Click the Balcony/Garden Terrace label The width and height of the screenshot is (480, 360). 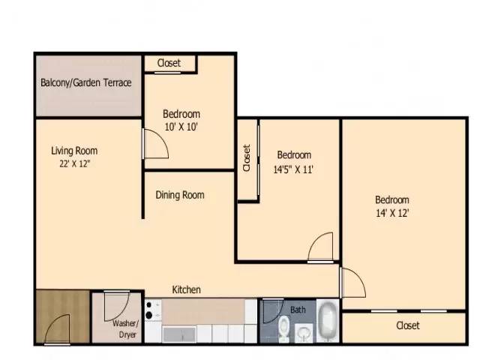pos(85,82)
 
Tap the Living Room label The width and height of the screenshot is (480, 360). pos(74,151)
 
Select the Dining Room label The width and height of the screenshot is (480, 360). pos(180,195)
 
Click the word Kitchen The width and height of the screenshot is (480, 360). pos(186,289)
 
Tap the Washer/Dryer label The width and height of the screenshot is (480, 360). pos(124,329)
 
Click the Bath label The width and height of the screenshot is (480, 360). pos(298,310)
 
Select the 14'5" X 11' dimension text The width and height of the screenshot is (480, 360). pos(292,169)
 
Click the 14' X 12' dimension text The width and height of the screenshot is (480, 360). pos(392,212)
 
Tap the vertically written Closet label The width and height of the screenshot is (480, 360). pos(247,159)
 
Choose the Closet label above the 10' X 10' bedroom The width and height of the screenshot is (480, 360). pos(169,63)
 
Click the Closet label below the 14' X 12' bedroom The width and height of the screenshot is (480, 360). pos(407,325)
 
